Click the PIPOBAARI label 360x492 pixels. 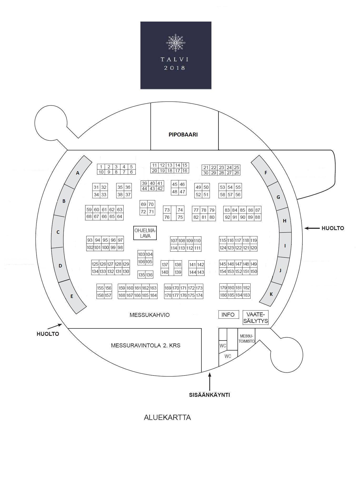pos(183,134)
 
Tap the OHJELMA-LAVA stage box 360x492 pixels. pos(145,233)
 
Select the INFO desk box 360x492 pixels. pos(229,315)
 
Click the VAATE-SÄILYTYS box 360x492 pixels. pos(256,318)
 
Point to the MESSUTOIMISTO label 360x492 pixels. pos(246,339)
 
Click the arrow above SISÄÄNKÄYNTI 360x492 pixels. pos(210,382)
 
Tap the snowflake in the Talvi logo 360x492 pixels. pos(176,43)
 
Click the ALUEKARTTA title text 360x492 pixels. pos(167,417)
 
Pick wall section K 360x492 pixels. pos(271,294)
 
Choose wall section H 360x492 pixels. pos(284,220)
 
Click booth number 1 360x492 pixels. pos(101,167)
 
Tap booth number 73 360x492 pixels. pos(167,210)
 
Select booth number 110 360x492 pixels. pos(197,240)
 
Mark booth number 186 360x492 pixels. pos(223,295)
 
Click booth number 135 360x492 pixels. pos(141,275)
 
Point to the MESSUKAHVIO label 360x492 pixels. pos(150,315)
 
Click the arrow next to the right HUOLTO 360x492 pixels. pos(312,228)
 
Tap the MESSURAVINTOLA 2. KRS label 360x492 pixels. pos(146,345)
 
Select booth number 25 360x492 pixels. pos(237,168)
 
